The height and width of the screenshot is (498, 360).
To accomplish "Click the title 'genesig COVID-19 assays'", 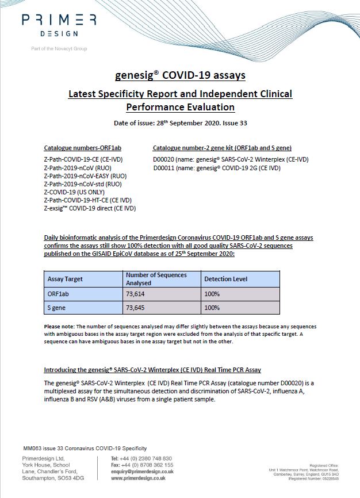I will tap(180, 75).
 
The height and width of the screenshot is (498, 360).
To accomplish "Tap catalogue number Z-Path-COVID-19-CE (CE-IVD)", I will tap(83, 159).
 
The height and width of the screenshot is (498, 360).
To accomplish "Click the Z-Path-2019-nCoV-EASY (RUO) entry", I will tap(85, 175).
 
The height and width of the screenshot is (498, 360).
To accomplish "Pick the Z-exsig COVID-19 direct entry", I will tap(90, 208).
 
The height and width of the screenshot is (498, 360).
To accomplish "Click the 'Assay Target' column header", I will tap(65, 279).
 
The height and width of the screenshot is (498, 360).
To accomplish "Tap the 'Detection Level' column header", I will tap(226, 279).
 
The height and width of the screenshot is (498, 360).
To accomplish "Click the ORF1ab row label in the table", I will tap(58, 294).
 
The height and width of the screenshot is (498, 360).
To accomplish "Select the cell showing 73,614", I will tap(136, 294).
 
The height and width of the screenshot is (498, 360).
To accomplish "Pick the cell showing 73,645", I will tap(136, 308).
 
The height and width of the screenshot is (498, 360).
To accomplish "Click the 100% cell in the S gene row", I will tap(212, 308).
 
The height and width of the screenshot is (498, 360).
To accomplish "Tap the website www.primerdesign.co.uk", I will tap(138, 478).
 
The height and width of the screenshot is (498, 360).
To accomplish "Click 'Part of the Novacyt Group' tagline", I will tap(59, 49).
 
